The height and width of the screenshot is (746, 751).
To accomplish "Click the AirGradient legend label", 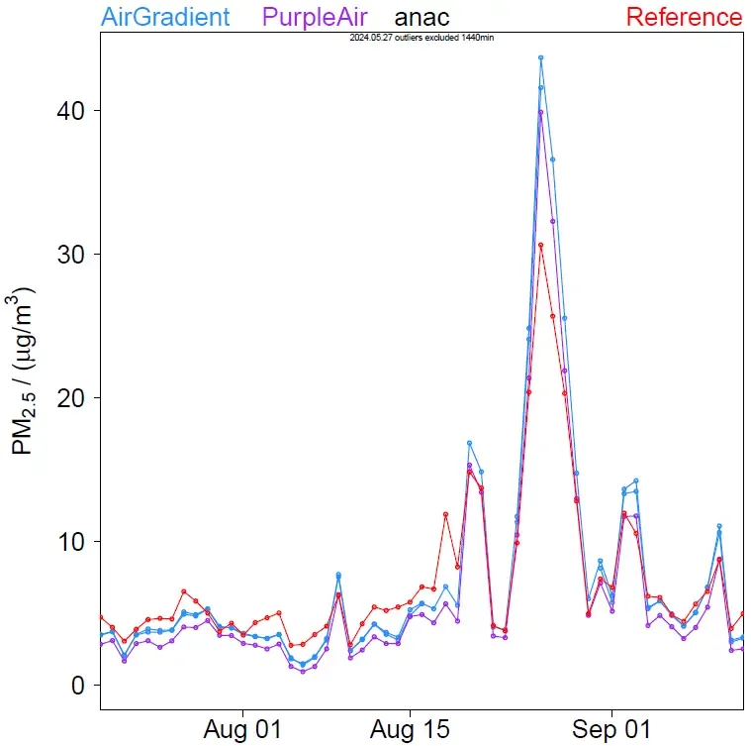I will coord(165,17).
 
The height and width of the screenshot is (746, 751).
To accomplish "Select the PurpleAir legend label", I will coord(316,17).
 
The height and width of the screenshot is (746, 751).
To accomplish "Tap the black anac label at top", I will coord(422,17).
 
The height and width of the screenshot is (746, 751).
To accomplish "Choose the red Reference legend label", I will coord(684,17).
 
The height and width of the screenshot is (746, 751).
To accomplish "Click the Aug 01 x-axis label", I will coord(242,729).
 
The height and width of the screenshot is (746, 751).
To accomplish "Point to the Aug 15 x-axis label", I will coord(410,729).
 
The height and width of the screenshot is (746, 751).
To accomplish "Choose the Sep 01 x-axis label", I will coord(611,729).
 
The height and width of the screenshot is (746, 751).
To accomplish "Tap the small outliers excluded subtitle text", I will coord(422,37).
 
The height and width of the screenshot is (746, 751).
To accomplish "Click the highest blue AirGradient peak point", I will coord(541,57).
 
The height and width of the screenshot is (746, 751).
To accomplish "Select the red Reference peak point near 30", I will coord(541,245).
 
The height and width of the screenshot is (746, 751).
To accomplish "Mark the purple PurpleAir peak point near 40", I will coord(541,112).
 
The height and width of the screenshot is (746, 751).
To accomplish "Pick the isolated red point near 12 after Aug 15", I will coord(446,514).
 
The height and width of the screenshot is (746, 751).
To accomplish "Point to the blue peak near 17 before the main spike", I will coord(470,443).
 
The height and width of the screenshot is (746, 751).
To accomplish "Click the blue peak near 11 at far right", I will coord(719,526).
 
